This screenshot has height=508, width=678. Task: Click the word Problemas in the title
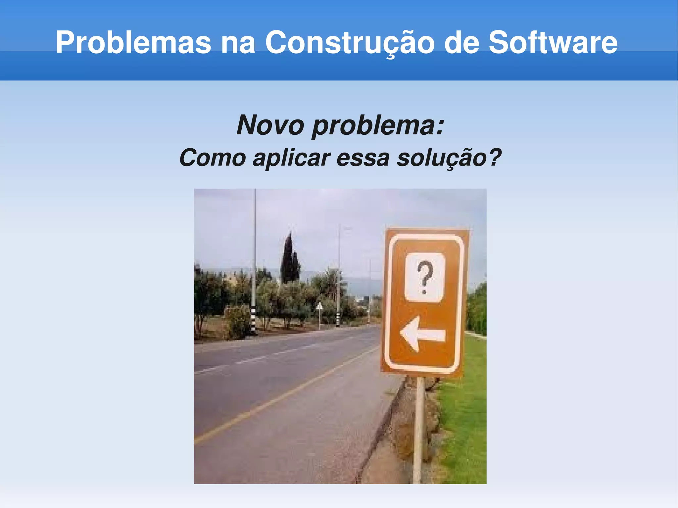(x=133, y=42)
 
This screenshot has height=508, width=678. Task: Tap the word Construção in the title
(x=349, y=42)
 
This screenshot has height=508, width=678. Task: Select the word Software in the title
(x=553, y=42)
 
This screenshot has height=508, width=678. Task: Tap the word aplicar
(x=291, y=158)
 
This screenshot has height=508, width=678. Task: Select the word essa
(x=363, y=158)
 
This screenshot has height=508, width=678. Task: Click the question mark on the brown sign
(x=425, y=277)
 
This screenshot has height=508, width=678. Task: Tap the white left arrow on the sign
(x=422, y=334)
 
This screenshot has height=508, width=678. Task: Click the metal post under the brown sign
(x=419, y=430)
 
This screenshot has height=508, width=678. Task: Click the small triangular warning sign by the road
(x=319, y=306)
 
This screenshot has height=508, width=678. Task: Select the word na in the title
(x=238, y=42)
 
